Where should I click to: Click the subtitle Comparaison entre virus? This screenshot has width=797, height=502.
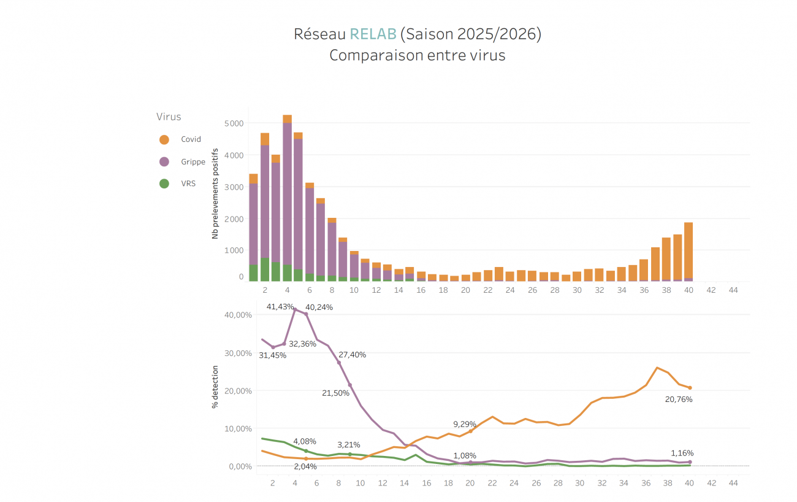click(x=417, y=55)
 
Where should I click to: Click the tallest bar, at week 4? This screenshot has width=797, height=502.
click(x=287, y=196)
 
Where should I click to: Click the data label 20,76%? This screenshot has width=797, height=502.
click(x=679, y=400)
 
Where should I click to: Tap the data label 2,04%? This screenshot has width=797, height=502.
click(x=305, y=466)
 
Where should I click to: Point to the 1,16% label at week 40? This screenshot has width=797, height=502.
click(x=682, y=454)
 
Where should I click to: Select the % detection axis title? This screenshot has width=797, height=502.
click(x=215, y=387)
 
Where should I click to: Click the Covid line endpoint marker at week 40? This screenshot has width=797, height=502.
click(x=690, y=387)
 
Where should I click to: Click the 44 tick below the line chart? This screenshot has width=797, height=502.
click(x=733, y=483)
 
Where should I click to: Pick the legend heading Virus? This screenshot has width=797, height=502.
click(x=169, y=117)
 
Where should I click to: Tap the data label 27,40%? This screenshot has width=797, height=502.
click(x=352, y=355)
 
